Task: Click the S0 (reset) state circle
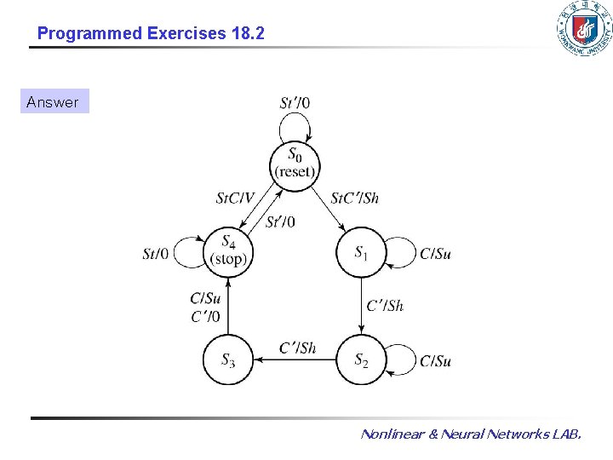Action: (x=295, y=162)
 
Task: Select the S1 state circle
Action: (x=362, y=252)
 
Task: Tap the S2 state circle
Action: (x=362, y=359)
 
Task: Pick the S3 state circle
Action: (x=228, y=359)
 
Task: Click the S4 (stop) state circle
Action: (x=228, y=251)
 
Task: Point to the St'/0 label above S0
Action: (x=295, y=103)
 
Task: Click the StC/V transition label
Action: (x=235, y=198)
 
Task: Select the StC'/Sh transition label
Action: (x=354, y=198)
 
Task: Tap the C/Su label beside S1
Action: (x=435, y=254)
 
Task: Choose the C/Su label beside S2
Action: (x=435, y=361)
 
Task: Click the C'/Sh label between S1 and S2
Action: (x=385, y=306)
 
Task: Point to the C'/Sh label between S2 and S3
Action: (x=297, y=348)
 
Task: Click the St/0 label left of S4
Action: (x=156, y=253)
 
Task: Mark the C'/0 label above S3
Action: (x=204, y=316)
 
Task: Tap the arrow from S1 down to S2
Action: (x=362, y=306)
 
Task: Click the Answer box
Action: (x=53, y=102)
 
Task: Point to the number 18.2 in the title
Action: (x=247, y=34)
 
